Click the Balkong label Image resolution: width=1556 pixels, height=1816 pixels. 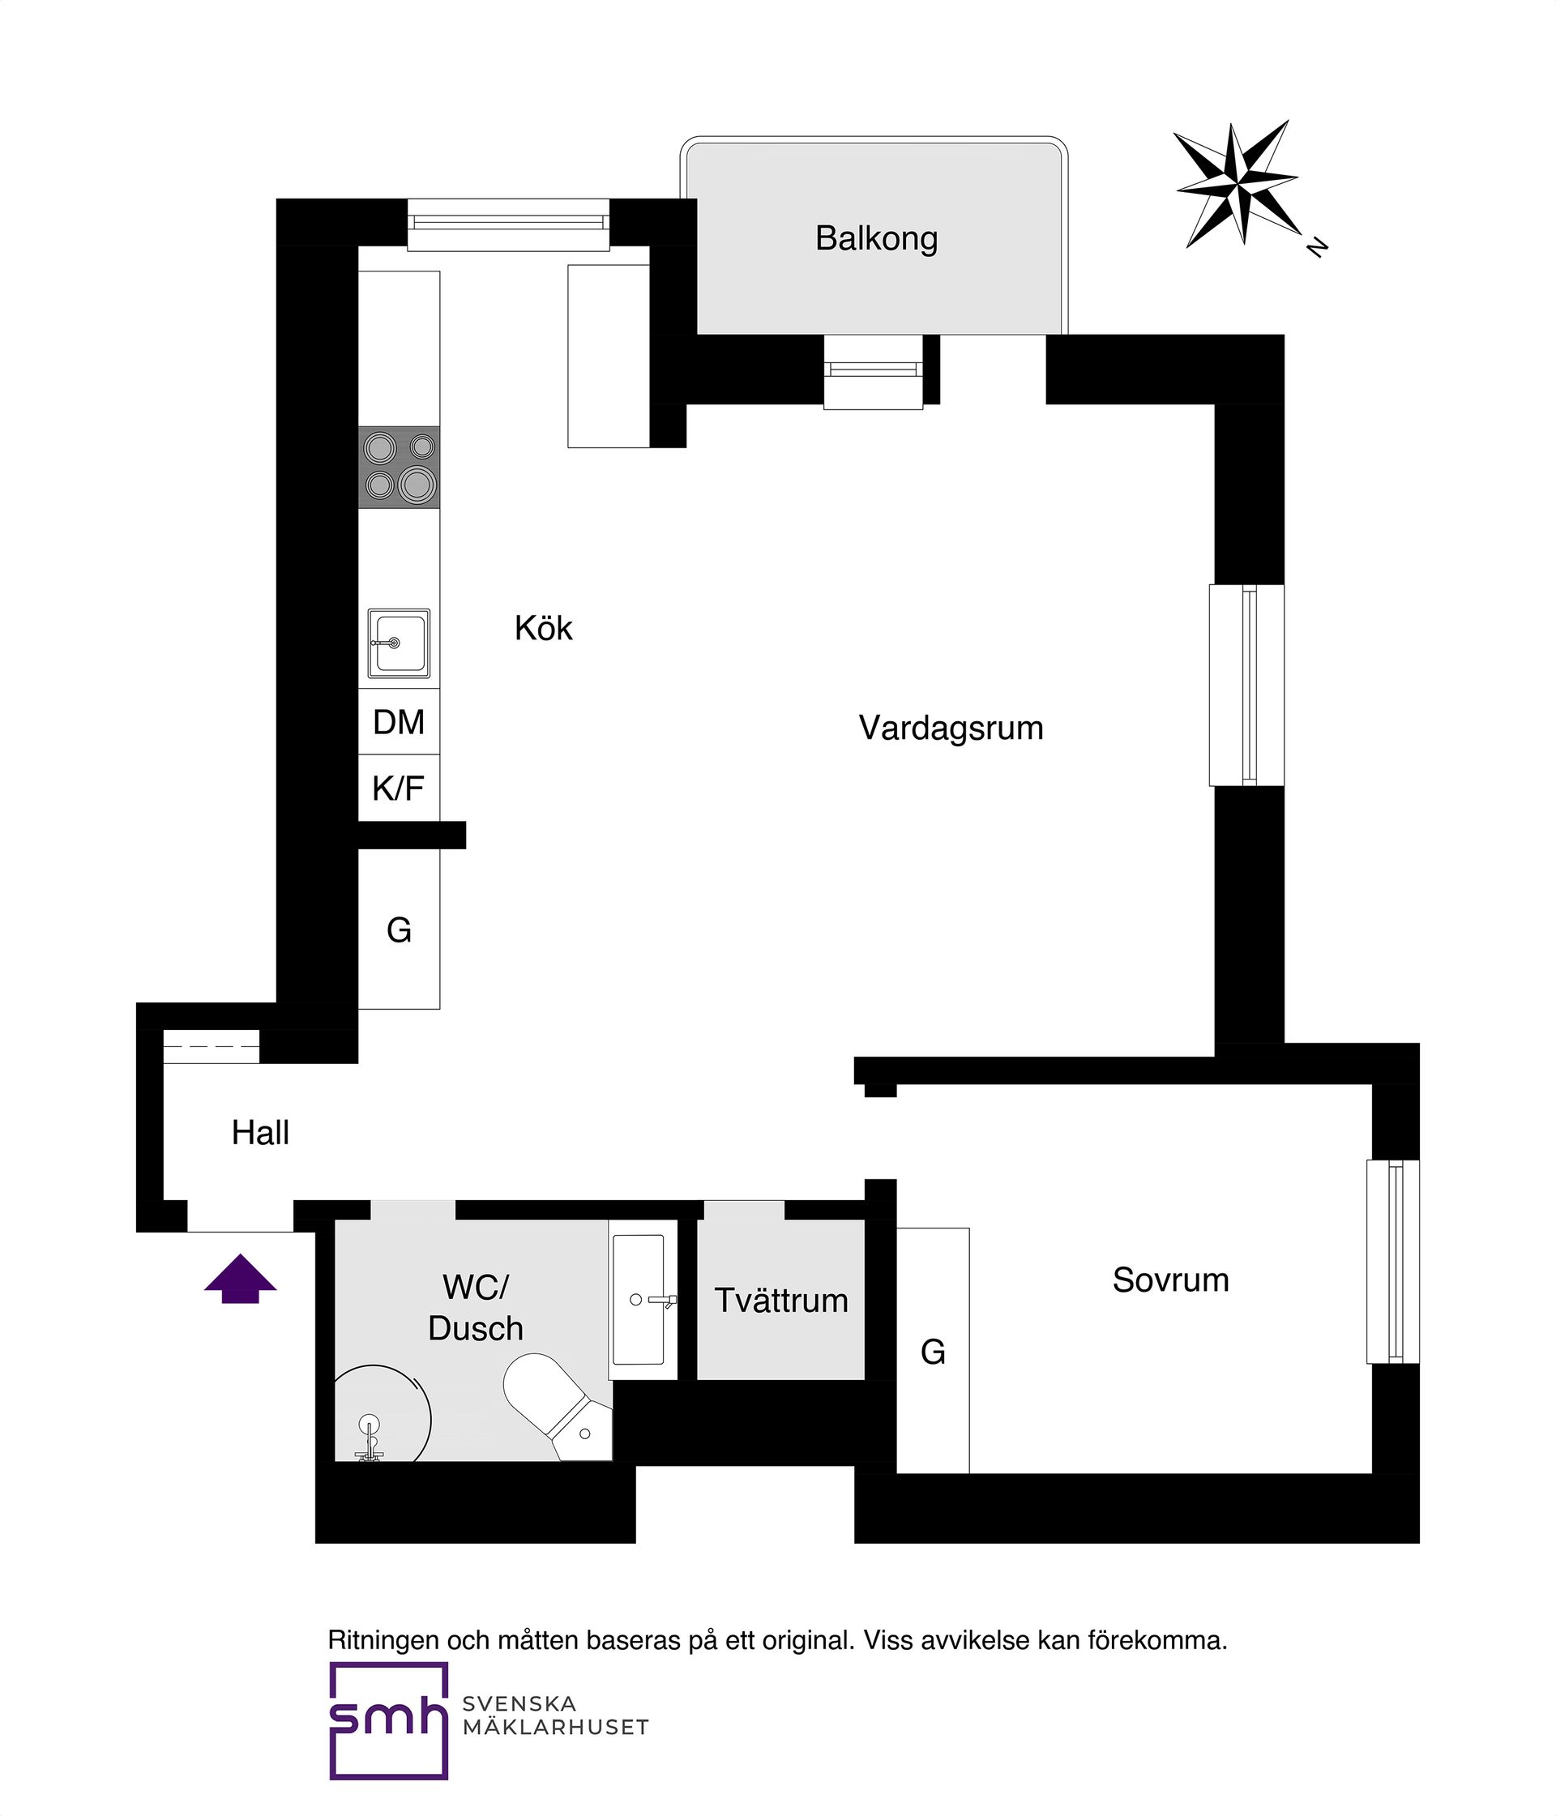(x=876, y=238)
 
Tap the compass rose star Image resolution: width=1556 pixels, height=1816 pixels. (x=1237, y=184)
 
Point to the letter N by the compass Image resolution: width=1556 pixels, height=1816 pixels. (x=1317, y=247)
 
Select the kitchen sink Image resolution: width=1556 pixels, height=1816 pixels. (x=399, y=643)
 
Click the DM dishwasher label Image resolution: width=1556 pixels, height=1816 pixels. (x=399, y=722)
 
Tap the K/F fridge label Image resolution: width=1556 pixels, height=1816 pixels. (x=398, y=788)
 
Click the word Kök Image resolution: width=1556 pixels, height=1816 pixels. (x=544, y=628)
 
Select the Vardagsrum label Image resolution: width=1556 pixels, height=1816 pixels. (x=951, y=729)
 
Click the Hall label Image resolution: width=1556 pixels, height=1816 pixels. (x=260, y=1133)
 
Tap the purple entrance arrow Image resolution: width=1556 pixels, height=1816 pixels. (x=240, y=1279)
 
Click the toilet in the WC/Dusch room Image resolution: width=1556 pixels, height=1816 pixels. (x=557, y=1405)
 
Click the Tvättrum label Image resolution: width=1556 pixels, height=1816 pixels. (x=781, y=1301)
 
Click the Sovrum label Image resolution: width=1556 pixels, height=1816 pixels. (x=1171, y=1280)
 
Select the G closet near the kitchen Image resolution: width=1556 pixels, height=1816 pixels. (x=399, y=929)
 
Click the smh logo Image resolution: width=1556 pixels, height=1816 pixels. (x=388, y=1721)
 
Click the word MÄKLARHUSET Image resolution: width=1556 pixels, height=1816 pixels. (x=556, y=1728)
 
